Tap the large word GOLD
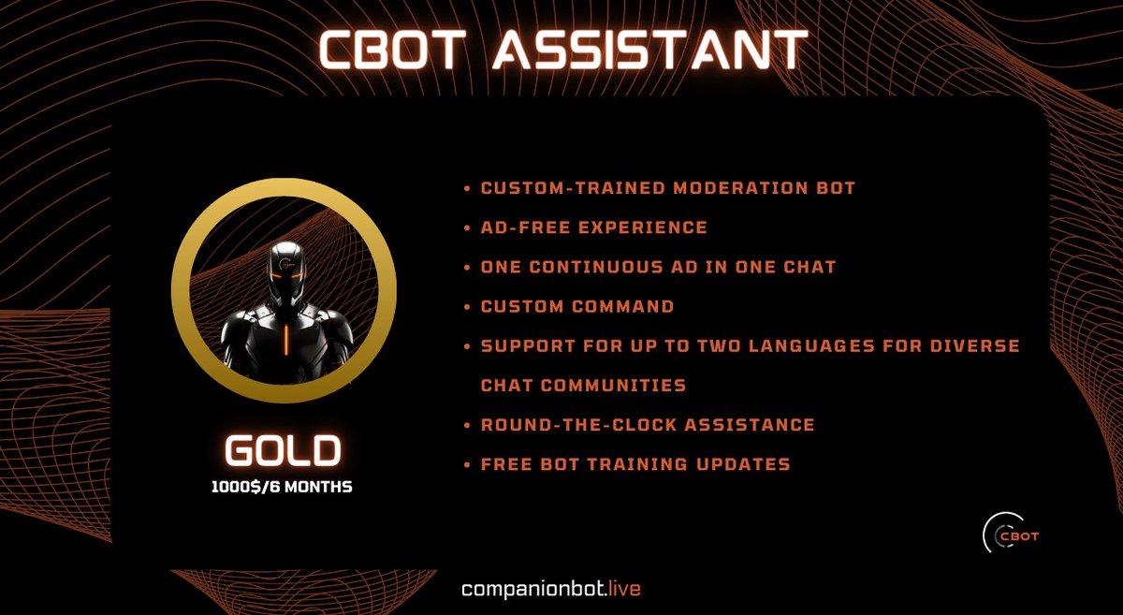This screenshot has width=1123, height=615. pyautogui.click(x=282, y=452)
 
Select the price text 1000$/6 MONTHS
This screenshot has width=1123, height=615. pyautogui.click(x=282, y=487)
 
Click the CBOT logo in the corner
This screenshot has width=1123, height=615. pyautogui.click(x=1012, y=534)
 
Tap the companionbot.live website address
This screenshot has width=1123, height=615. pyautogui.click(x=551, y=589)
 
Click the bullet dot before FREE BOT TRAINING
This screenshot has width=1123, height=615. pyautogui.click(x=467, y=464)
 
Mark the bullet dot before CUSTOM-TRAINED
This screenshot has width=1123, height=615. pyautogui.click(x=467, y=189)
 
